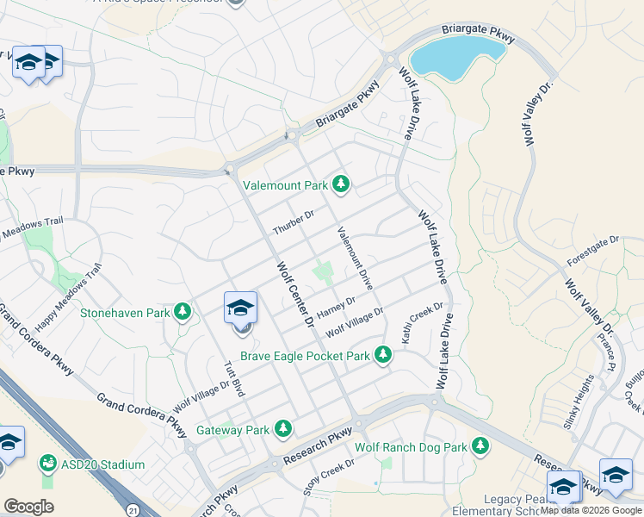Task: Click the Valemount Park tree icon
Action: [x=342, y=184]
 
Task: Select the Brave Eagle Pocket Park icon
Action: [x=383, y=355]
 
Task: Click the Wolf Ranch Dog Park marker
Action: [x=480, y=445]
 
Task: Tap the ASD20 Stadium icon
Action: [x=46, y=464]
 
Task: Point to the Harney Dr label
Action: [x=336, y=306]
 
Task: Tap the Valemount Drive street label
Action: [x=355, y=257]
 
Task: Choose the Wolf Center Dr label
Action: [x=294, y=293]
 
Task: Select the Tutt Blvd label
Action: [x=235, y=378]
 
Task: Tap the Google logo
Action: [x=28, y=507]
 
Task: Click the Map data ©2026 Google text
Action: [x=591, y=510]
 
